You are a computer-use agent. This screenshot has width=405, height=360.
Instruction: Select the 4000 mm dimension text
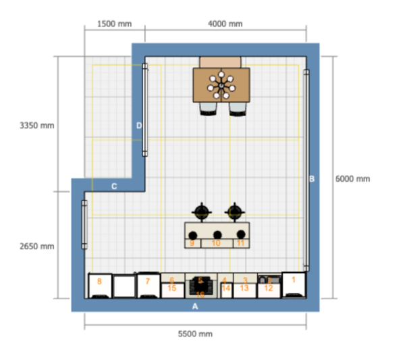click(x=225, y=24)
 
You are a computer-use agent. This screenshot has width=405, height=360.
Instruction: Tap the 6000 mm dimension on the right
click(x=352, y=179)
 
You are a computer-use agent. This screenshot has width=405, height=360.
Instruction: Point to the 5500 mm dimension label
click(x=195, y=334)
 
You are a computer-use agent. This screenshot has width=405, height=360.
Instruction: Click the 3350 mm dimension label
click(x=37, y=126)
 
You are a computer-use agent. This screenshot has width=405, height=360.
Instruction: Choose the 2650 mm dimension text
click(x=37, y=246)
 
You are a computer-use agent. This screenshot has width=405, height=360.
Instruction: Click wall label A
click(x=196, y=306)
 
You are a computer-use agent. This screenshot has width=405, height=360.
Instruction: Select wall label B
click(x=312, y=179)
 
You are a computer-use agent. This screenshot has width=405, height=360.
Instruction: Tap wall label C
click(x=114, y=186)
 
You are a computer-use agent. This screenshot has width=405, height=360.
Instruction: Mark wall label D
click(x=139, y=125)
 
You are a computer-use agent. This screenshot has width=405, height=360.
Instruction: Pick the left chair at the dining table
click(x=208, y=109)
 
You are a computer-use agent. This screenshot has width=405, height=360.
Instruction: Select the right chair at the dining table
click(x=237, y=109)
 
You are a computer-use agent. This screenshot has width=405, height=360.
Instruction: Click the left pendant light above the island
click(x=202, y=212)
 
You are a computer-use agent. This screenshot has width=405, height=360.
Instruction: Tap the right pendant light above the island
click(x=234, y=212)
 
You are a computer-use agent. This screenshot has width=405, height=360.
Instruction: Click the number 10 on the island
click(x=216, y=242)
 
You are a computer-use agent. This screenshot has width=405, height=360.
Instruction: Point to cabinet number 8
click(x=99, y=281)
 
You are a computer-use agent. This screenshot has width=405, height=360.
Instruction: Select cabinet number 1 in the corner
click(x=293, y=278)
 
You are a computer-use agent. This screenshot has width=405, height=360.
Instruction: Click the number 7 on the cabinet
click(x=147, y=280)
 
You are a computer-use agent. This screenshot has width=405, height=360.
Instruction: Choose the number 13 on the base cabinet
click(x=244, y=288)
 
